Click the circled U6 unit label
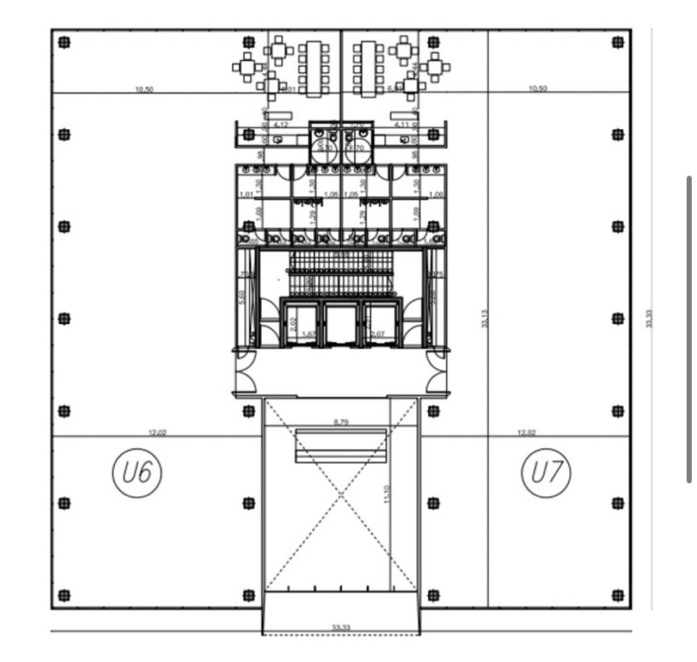pos(137,473)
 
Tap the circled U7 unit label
pos(546,473)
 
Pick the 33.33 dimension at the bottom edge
pos(341,628)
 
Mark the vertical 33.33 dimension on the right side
pos(650,319)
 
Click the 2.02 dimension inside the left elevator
pos(294,324)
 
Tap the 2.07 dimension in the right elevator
pos(378,334)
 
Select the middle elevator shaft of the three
pos(341,324)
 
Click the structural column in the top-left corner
pos(64,42)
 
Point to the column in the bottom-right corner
pos(617,595)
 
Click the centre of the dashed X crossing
pos(341,494)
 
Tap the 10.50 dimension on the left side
pos(143,90)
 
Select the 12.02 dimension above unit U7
pos(527,432)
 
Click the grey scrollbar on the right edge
pos(689,329)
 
